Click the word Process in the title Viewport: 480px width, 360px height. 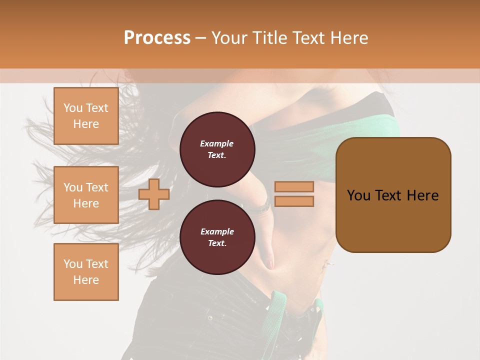point(157,38)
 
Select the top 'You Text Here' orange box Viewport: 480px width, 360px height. point(86,116)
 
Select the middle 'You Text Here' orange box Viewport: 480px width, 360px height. point(86,195)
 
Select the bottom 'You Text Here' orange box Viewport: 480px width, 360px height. point(86,272)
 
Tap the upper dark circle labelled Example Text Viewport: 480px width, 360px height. point(217,149)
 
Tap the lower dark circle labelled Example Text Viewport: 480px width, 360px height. point(217,237)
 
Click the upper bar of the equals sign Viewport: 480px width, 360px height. point(294,186)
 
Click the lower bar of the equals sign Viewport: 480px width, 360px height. point(294,201)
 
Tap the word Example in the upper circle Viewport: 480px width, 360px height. point(216,143)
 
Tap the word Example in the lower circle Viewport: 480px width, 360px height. point(217,231)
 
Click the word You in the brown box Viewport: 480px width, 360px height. point(359,195)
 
